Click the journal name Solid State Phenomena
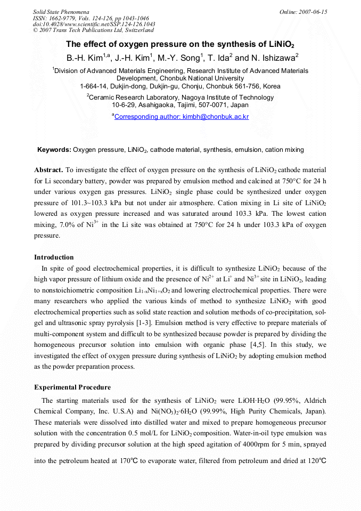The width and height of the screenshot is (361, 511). tap(61, 12)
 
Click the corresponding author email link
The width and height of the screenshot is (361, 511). tap(182, 116)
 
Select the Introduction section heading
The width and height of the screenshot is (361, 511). tap(54, 257)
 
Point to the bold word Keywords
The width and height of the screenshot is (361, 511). tap(54, 150)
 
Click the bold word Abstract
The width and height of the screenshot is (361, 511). tap(48, 170)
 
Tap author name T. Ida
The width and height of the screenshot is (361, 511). tap(220, 58)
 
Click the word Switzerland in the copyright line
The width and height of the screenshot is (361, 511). tap(136, 30)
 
